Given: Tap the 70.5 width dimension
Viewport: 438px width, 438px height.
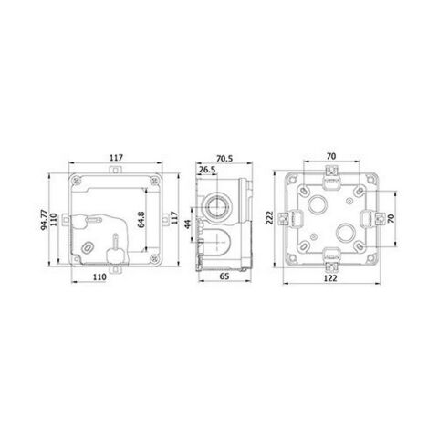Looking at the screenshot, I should point(223,157).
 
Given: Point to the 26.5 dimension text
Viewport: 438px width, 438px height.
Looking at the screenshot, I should point(206,171).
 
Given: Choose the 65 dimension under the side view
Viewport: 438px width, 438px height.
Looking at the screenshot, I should point(224,286).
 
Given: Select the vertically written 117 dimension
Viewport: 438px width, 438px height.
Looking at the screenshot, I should point(174,219).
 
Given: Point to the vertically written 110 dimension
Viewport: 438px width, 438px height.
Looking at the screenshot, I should point(56,220).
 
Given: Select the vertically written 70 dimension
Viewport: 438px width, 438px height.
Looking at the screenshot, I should point(393,220).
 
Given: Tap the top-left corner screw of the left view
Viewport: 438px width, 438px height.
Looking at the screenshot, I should point(76,180).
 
